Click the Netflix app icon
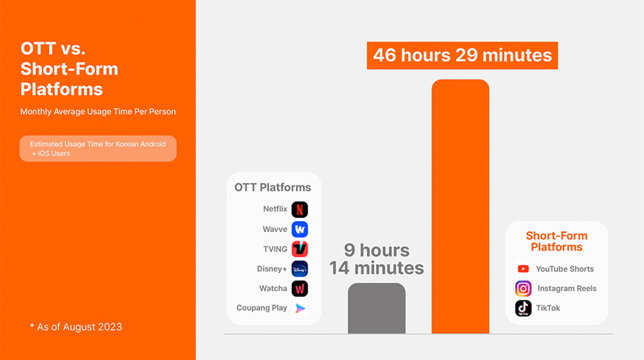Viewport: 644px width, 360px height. click(300, 210)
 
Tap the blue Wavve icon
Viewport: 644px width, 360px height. click(300, 229)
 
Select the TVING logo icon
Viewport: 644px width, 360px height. click(300, 249)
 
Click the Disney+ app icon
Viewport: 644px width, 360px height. click(300, 269)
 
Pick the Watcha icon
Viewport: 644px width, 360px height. click(300, 289)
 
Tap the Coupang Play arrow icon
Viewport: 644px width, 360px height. click(300, 308)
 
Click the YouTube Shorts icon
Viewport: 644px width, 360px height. click(523, 269)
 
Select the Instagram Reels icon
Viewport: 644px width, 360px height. click(523, 289)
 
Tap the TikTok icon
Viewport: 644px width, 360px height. click(523, 308)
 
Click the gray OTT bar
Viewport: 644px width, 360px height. click(377, 308)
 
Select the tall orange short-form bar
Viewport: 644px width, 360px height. click(460, 207)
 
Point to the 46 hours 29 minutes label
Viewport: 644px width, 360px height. click(462, 56)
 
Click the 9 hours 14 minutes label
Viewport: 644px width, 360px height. click(377, 259)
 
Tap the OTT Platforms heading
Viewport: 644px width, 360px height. click(273, 187)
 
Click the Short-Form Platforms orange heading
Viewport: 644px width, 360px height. click(557, 242)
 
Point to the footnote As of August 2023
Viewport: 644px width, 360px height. click(76, 327)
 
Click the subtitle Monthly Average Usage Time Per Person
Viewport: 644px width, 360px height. click(98, 111)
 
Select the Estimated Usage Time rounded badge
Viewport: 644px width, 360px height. click(98, 149)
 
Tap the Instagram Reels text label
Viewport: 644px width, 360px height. click(567, 288)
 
